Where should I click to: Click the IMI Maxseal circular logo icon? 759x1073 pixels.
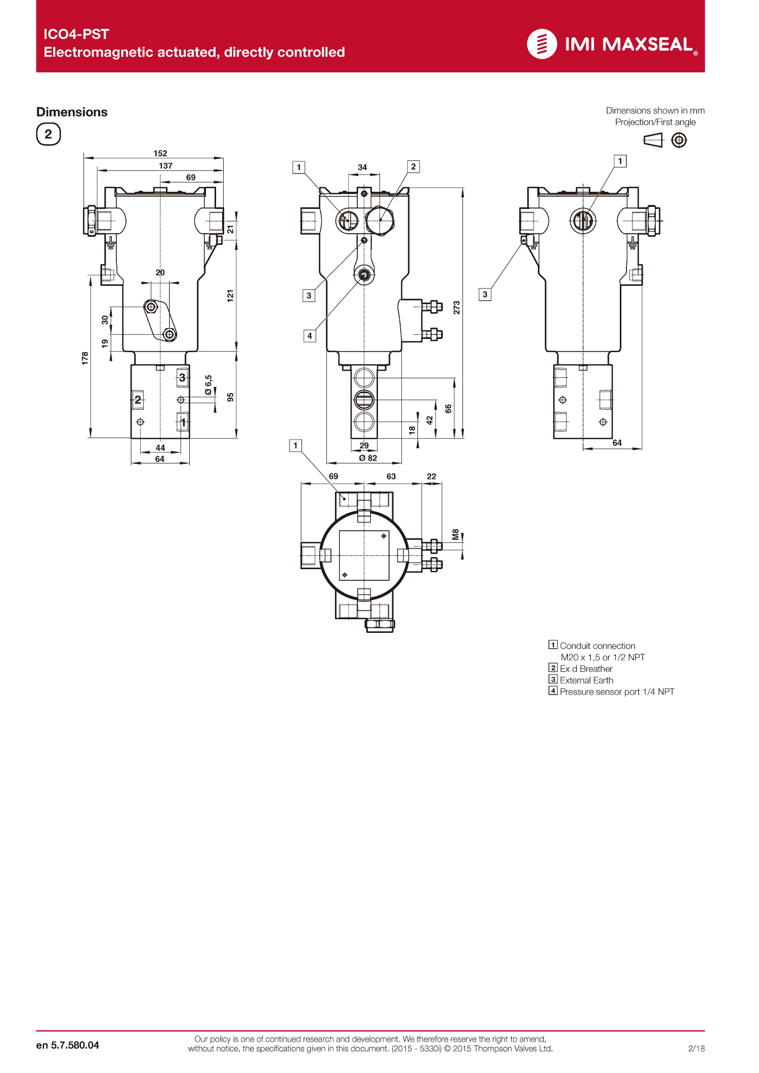[x=542, y=44]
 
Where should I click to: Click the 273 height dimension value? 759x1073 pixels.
[x=456, y=308]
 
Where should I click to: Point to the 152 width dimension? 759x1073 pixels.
[x=160, y=153]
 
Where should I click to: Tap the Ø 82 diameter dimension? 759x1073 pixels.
[x=368, y=458]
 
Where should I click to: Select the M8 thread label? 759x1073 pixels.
[x=455, y=534]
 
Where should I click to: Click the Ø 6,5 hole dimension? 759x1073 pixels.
[x=208, y=385]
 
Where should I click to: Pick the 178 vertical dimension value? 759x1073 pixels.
[x=85, y=358]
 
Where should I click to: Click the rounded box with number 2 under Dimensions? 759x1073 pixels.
[x=49, y=135]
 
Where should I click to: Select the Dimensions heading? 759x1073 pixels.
[x=72, y=112]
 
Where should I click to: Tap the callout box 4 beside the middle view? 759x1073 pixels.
[x=310, y=335]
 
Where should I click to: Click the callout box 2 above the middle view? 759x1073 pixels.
[x=413, y=166]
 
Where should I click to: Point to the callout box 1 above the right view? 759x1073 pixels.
[x=620, y=161]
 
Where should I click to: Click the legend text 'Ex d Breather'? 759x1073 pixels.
[x=586, y=669]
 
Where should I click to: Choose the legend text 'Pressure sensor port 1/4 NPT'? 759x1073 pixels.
[x=617, y=692]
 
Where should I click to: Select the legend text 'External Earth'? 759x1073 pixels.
[x=586, y=680]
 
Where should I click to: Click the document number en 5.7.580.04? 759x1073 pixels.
[x=68, y=1045]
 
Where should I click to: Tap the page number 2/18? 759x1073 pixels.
[x=696, y=1048]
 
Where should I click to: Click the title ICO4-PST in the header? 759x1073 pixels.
[x=76, y=34]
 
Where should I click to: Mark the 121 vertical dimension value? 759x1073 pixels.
[x=230, y=296]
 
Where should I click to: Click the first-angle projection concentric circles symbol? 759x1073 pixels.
[x=679, y=140]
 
